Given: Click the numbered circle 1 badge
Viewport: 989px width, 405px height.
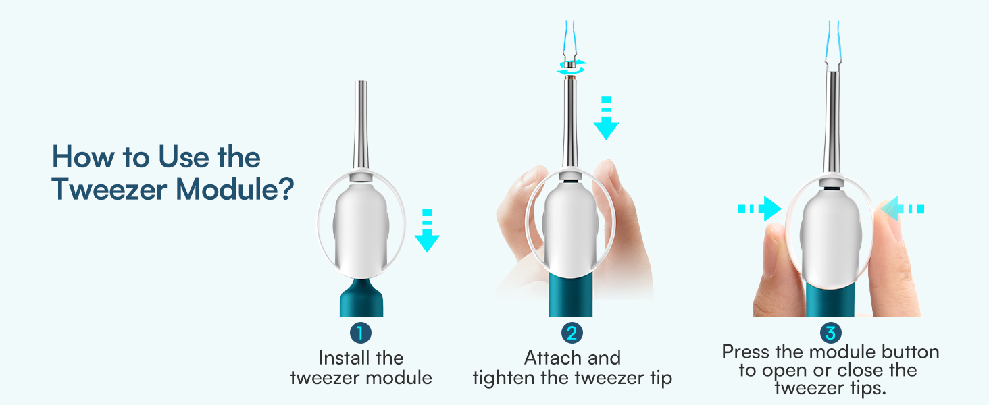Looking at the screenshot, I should pyautogui.click(x=360, y=333).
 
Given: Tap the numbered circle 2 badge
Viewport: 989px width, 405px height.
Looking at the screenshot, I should pyautogui.click(x=572, y=333).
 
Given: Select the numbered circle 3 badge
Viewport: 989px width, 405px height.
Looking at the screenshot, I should pyautogui.click(x=830, y=333).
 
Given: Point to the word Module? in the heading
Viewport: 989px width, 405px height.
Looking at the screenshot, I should pyautogui.click(x=234, y=190).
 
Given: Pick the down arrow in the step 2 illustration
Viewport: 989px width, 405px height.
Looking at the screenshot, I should pyautogui.click(x=606, y=119).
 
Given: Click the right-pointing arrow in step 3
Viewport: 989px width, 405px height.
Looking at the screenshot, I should pyautogui.click(x=759, y=209).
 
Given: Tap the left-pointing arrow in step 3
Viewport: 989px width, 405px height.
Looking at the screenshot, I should pyautogui.click(x=901, y=209).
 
